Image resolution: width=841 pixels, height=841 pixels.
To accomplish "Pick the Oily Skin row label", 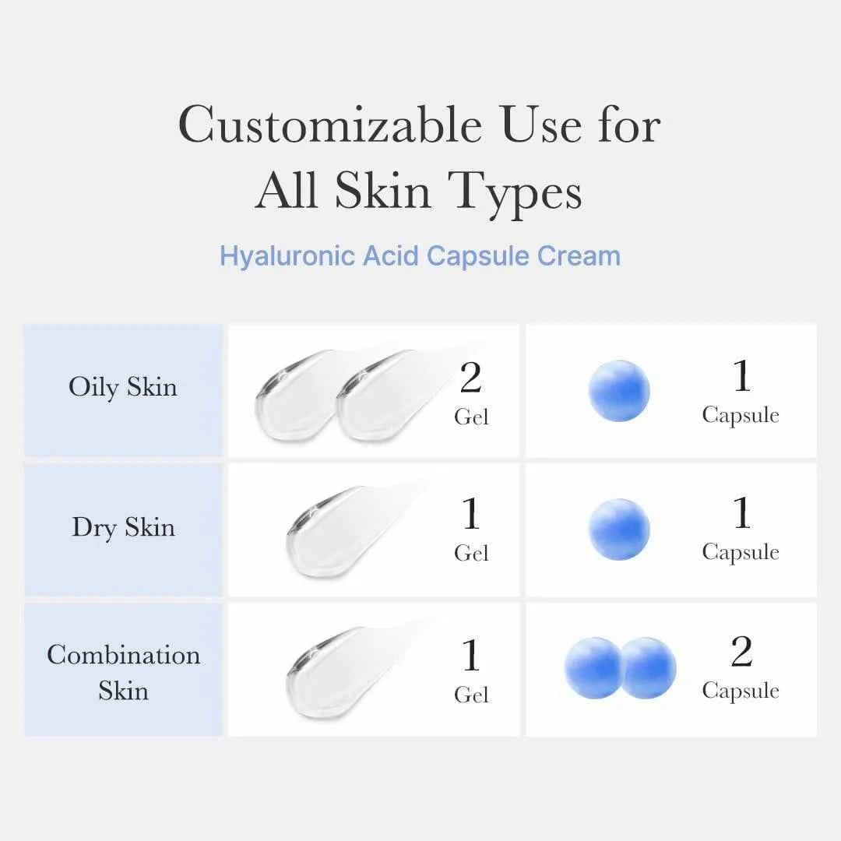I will tap(123, 387).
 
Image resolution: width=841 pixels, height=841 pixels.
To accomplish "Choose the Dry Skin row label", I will tap(123, 527).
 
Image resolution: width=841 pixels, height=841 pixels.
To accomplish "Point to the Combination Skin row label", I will tap(123, 672).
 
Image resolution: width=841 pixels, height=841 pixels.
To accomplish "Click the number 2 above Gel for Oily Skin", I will tap(470, 378).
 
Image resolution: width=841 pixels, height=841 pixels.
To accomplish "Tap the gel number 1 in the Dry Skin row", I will tap(470, 514).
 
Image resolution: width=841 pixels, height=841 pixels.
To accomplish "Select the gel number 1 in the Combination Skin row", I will tap(470, 656).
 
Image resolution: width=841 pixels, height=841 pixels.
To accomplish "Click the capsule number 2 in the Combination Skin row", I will tap(741, 653).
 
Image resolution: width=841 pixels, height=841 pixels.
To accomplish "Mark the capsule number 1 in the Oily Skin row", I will tap(741, 377).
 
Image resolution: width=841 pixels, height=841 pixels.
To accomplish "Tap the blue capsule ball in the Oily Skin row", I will tap(619, 390).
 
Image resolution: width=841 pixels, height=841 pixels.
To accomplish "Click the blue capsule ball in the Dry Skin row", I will tap(619, 530).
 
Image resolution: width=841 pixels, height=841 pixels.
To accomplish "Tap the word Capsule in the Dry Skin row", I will tap(740, 552).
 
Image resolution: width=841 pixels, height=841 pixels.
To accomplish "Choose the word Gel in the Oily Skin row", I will tap(471, 417).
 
